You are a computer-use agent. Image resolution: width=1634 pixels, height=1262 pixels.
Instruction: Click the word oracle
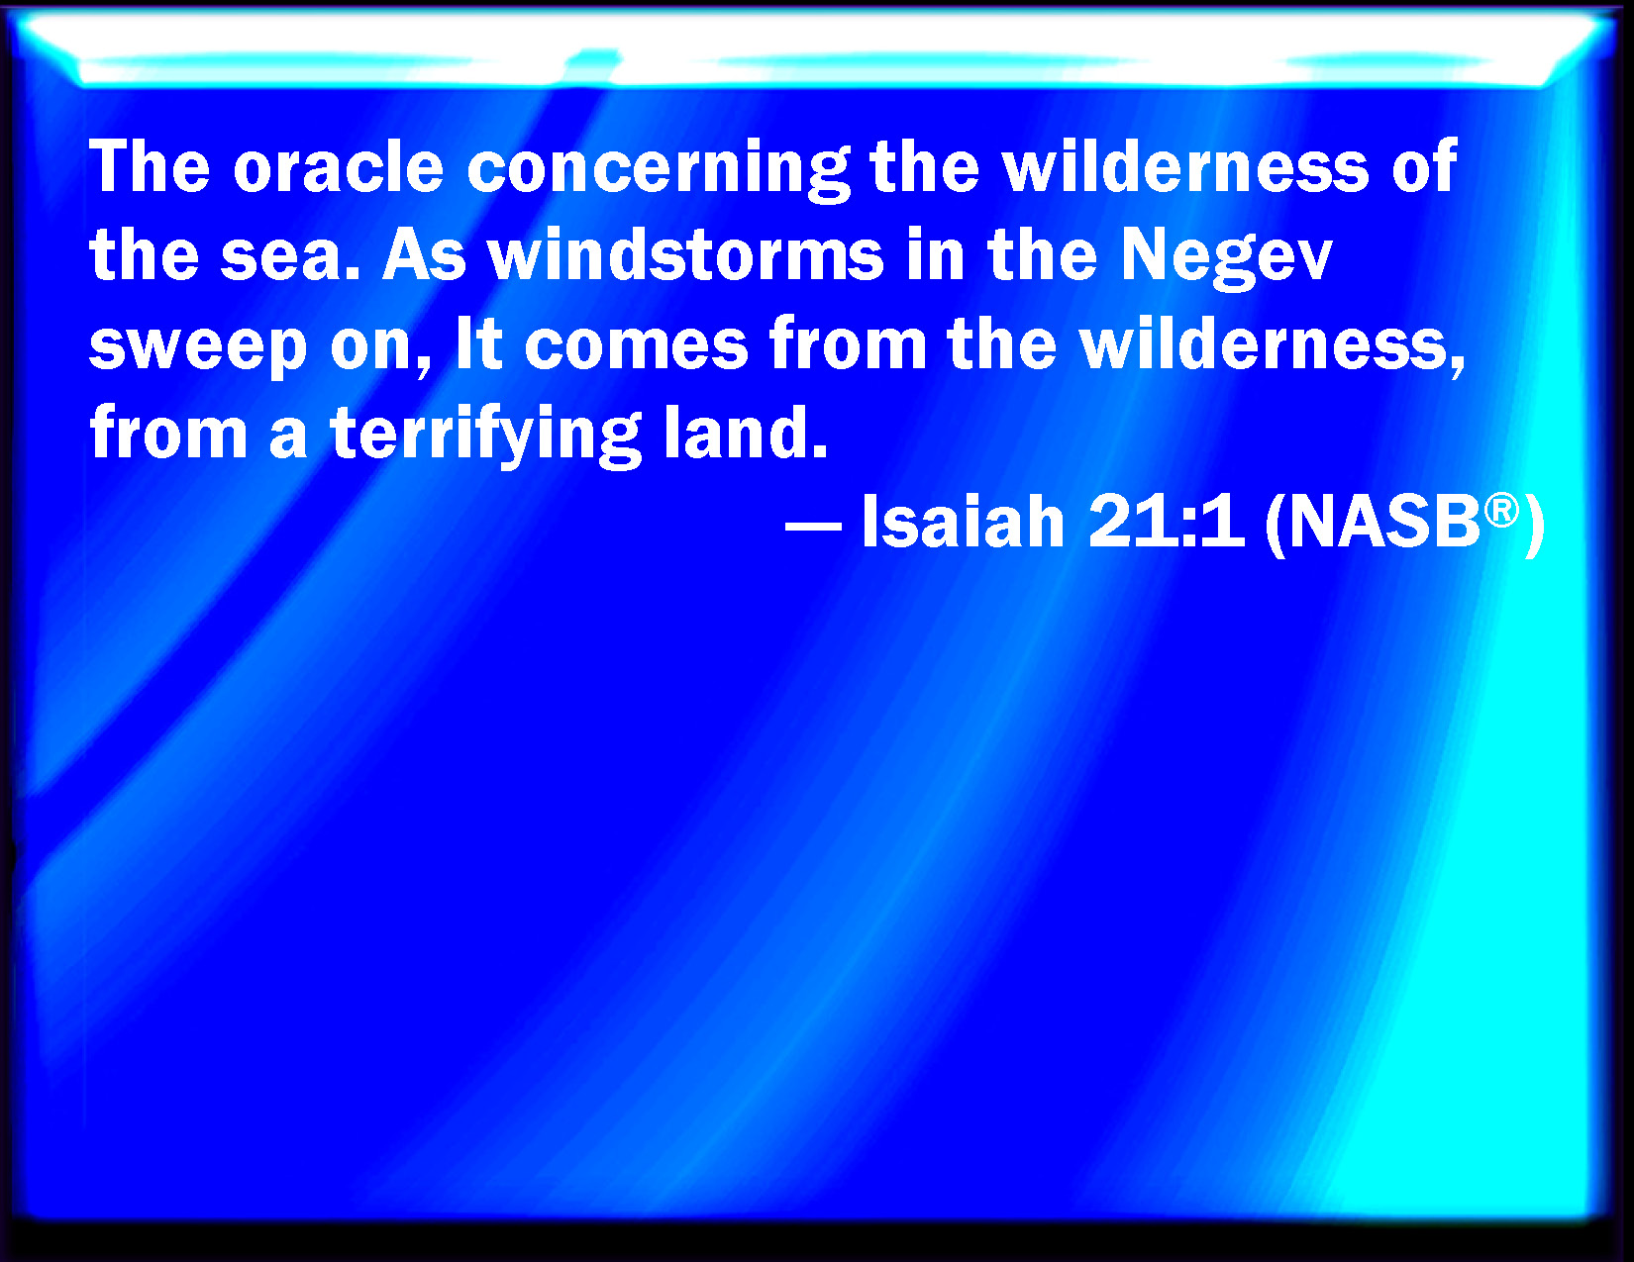tap(339, 166)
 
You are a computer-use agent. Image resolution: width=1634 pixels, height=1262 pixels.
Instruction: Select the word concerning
tap(658, 170)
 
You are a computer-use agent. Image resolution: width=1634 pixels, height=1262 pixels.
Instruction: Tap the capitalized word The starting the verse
tap(150, 166)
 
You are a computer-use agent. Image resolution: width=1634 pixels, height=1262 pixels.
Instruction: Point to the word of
tap(1424, 166)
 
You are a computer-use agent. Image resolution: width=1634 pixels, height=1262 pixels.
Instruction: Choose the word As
tap(425, 255)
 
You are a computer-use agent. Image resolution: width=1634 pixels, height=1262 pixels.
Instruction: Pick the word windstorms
tap(685, 255)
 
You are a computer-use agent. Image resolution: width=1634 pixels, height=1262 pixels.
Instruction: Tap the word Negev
tap(1226, 259)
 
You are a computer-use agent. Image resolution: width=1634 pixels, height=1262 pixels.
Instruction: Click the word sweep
tap(198, 348)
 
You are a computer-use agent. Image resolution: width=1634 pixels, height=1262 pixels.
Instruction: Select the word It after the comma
tap(479, 344)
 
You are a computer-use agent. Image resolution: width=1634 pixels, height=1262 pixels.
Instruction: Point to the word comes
tap(636, 348)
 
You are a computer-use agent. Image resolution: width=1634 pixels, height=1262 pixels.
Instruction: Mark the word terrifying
tap(486, 437)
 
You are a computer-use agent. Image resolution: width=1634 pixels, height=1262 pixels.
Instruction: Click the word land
tap(745, 433)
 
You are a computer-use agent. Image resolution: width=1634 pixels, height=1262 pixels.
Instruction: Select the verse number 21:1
tap(1167, 523)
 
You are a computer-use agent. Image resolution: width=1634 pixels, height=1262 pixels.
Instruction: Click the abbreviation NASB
tap(1384, 524)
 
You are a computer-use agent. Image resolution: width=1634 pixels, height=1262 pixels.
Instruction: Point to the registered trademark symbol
tap(1501, 511)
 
